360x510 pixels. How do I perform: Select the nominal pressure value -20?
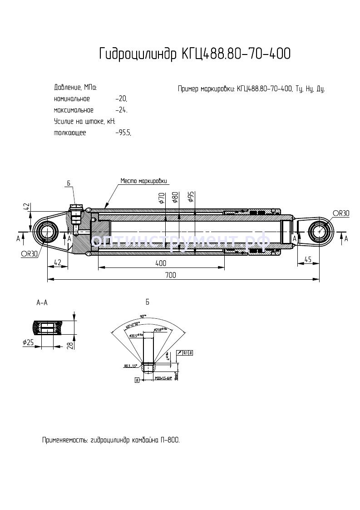click(x=121, y=99)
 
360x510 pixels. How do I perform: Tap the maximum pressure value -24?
click(x=121, y=110)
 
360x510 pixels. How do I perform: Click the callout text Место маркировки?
click(x=143, y=180)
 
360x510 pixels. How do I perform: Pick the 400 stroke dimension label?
click(x=161, y=263)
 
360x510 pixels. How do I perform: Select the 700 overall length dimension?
click(x=170, y=275)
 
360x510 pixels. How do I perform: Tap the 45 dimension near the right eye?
click(x=308, y=260)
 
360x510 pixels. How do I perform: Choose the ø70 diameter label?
click(x=162, y=198)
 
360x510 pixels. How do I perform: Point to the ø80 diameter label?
click(x=175, y=198)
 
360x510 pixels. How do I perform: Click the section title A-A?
click(x=41, y=302)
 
